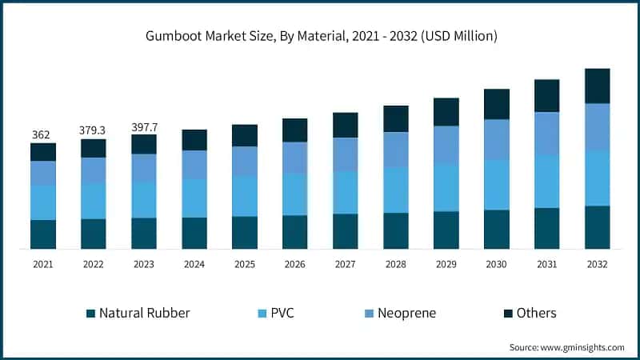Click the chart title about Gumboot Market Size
[320, 36]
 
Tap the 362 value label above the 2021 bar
[42, 134]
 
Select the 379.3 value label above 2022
[93, 130]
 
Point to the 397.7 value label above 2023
[143, 126]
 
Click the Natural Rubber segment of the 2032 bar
[597, 227]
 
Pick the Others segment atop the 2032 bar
[597, 86]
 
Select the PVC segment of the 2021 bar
[43, 202]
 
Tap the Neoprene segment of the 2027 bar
[346, 154]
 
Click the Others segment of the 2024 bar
[194, 140]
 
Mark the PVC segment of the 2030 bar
[496, 185]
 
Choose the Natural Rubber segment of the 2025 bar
[245, 232]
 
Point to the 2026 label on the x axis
[294, 264]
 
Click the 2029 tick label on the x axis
[446, 264]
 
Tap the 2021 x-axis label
[42, 264]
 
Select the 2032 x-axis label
[597, 264]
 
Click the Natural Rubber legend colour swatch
[90, 314]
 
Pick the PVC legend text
[282, 314]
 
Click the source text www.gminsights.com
[566, 347]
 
